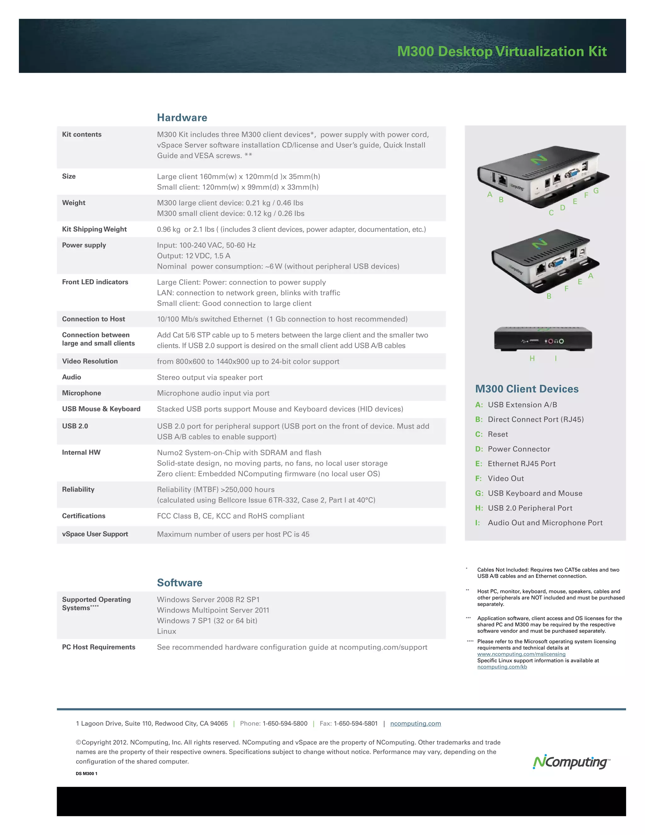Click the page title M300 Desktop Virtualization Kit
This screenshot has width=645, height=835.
point(502,51)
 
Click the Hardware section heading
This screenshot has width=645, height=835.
point(182,118)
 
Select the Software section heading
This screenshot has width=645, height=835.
point(180,582)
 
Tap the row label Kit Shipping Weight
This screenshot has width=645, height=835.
point(94,229)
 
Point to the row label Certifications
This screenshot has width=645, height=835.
point(84,516)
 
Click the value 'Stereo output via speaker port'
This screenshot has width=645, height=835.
point(210,377)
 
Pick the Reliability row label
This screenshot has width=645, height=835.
point(78,489)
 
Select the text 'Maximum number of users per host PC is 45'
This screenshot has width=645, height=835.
point(233,534)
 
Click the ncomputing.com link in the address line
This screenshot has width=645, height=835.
point(415,723)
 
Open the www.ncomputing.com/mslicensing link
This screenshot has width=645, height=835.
point(521,654)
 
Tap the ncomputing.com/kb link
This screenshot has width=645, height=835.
point(502,667)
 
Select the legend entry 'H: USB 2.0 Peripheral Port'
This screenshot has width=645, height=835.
point(524,508)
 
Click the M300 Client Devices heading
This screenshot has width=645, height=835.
point(527,389)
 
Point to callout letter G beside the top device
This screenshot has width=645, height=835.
point(596,191)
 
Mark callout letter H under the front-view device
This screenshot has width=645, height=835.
point(532,358)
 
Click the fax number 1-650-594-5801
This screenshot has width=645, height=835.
point(355,723)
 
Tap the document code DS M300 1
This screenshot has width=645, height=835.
point(86,774)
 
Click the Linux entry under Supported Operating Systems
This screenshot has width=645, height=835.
point(167,631)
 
